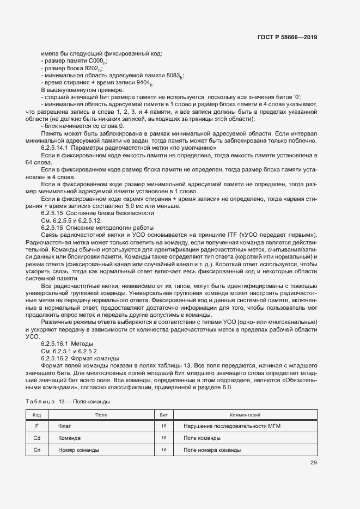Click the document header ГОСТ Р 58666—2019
coord(287,38)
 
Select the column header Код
coord(36,415)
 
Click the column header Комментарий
coord(246,415)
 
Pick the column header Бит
coord(163,415)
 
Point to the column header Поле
coord(101,415)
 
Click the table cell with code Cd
coord(36,438)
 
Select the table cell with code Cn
coord(36,450)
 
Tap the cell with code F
coord(36,426)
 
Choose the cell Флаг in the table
coord(65,426)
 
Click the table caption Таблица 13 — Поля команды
coord(68,401)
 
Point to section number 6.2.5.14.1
coord(54,148)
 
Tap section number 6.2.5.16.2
coord(54,358)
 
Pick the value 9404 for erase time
coord(144,82)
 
